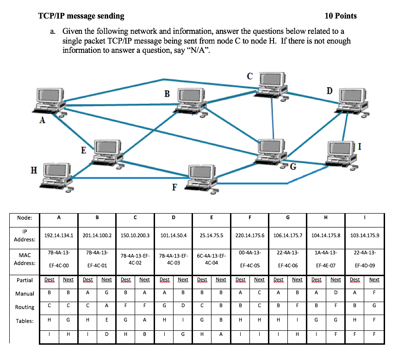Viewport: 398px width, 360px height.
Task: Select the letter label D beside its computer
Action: click(x=330, y=90)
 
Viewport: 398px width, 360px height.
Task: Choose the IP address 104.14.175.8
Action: click(x=326, y=235)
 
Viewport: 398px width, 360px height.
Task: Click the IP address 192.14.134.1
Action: click(x=59, y=235)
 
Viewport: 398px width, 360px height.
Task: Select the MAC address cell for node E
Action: click(x=211, y=259)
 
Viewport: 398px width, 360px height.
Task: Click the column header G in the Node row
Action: click(x=288, y=218)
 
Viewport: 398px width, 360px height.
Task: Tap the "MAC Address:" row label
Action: click(x=25, y=259)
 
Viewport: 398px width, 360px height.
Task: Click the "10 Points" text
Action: click(x=341, y=16)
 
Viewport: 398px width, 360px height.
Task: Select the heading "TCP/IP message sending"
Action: click(x=81, y=16)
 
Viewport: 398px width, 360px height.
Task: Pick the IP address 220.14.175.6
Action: click(x=250, y=235)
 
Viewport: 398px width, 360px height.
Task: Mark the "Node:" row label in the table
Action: click(x=25, y=218)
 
